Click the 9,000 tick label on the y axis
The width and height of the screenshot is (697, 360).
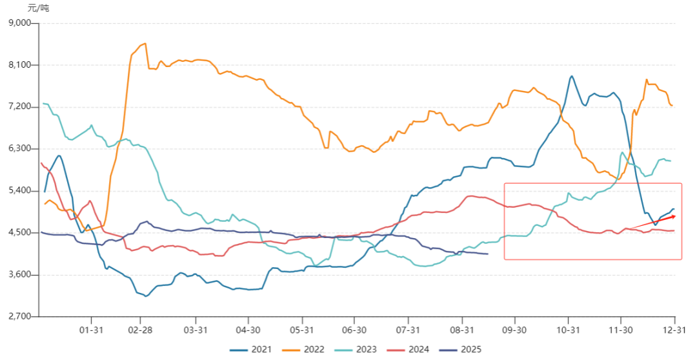(22, 23)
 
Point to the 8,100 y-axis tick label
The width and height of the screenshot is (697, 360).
(22, 65)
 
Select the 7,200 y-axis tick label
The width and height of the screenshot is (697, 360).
(22, 107)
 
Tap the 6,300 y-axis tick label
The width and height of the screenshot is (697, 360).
(22, 149)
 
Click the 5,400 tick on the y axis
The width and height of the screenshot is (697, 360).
(22, 191)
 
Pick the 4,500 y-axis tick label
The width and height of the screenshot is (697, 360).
(22, 233)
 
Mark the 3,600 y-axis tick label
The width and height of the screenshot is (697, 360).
(22, 275)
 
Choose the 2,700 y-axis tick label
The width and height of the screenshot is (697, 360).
(22, 317)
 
